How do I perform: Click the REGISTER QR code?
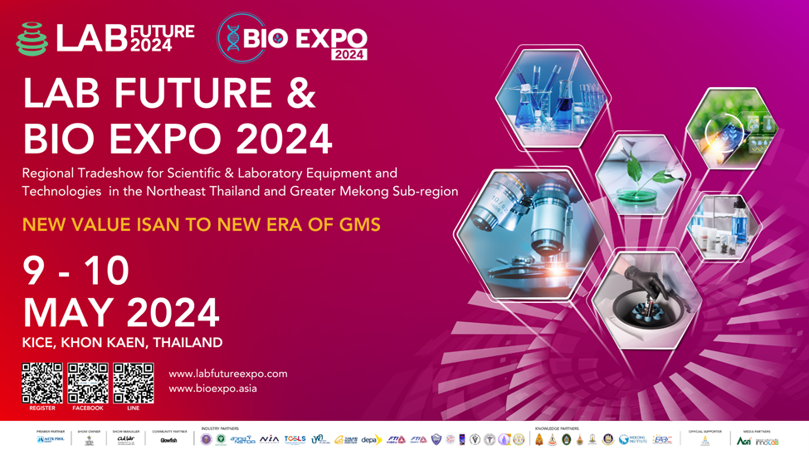pos(42,383)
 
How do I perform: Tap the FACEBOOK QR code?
pos(88,383)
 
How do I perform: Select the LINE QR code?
pos(134,383)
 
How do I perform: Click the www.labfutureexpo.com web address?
pos(228,374)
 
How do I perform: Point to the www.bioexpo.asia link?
pos(213,389)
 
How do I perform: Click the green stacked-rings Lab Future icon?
pos(32,39)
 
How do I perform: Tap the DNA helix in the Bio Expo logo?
pos(233,38)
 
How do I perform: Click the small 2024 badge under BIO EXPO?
pos(348,54)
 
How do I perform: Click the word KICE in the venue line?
pos(38,342)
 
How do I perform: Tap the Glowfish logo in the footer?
pos(169,440)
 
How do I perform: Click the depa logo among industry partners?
pos(371,440)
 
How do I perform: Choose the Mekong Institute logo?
pos(632,440)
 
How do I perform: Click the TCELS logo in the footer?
pos(295,439)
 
